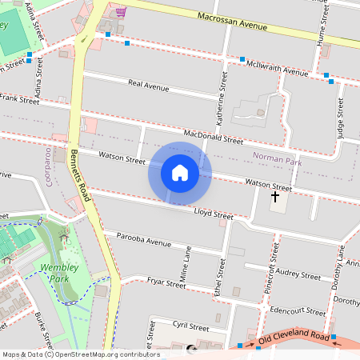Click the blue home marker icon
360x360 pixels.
coord(180,173)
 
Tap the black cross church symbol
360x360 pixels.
coord(275,196)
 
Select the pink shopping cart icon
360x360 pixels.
coord(121,12)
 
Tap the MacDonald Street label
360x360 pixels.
coord(212,137)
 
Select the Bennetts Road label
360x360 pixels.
coord(82,174)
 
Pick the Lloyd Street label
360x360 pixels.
coord(214,213)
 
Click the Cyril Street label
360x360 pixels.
coord(191,326)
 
